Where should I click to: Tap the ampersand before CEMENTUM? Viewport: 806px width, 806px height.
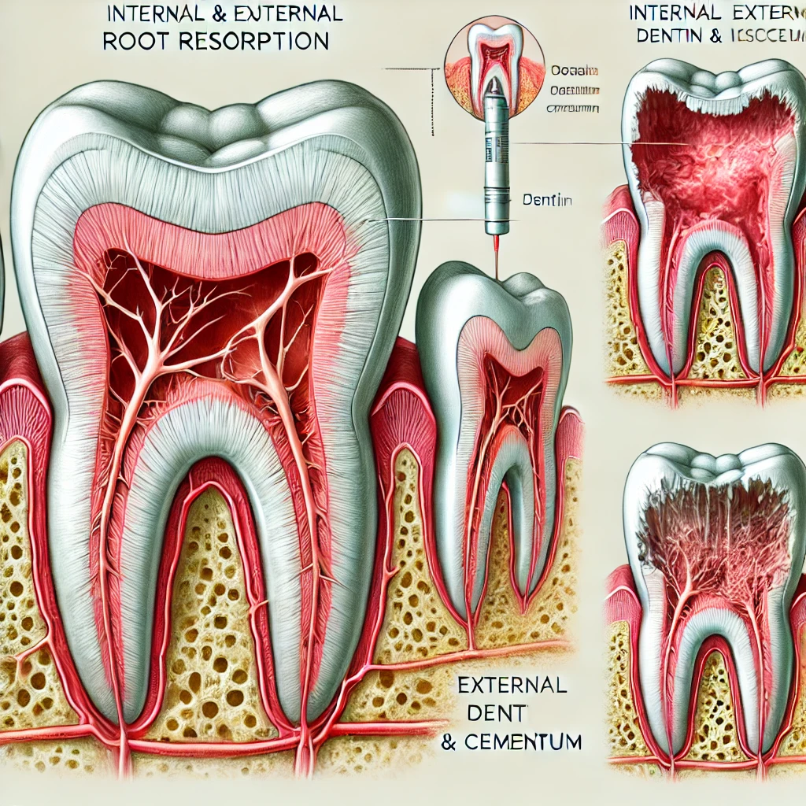(x=449, y=741)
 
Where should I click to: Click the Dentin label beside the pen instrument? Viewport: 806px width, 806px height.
(x=547, y=201)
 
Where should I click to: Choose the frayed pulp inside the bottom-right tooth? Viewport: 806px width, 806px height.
(x=712, y=535)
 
